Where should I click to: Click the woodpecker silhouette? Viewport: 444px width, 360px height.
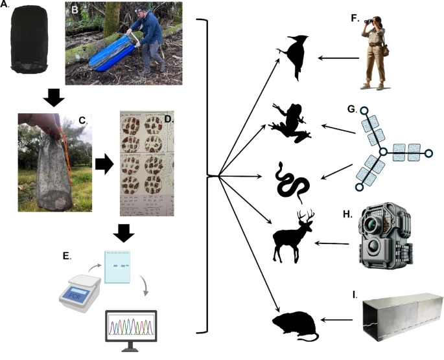click(296, 61)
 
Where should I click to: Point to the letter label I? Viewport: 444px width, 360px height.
click(354, 295)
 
